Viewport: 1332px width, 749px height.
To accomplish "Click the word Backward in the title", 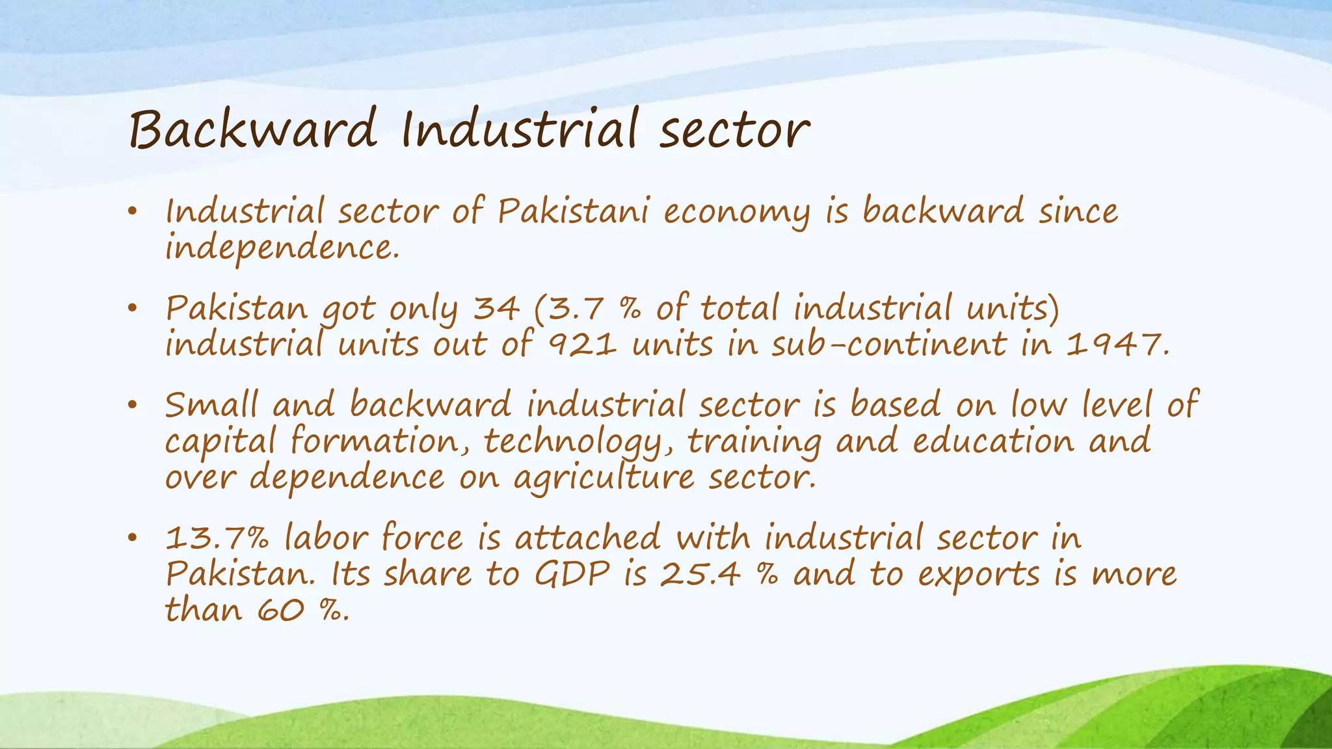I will coord(253,129).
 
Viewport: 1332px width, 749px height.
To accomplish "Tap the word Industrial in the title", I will coord(518,129).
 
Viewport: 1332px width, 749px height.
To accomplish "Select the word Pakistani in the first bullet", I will coord(573,212).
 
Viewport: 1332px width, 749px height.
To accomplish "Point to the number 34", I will coord(496,308).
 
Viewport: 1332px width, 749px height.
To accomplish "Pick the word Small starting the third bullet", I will coord(211,405).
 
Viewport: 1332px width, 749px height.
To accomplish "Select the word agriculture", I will coord(604,479).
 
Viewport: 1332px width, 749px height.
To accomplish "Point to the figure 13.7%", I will coord(217,539).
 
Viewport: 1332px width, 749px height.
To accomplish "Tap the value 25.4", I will coord(700,575).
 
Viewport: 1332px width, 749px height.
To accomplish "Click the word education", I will coord(993,442).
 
